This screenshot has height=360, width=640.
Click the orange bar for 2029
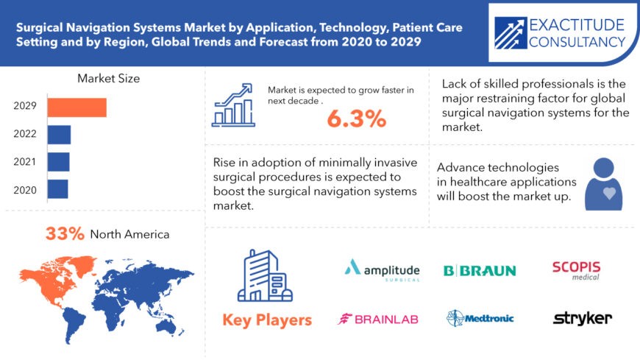(x=77, y=107)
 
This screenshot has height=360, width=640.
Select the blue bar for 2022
(x=59, y=135)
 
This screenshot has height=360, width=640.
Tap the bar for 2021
(x=58, y=162)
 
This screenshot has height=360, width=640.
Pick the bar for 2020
(x=57, y=189)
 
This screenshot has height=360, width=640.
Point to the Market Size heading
(x=108, y=78)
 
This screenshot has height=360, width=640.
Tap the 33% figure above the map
(x=65, y=234)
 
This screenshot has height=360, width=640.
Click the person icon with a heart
(x=603, y=184)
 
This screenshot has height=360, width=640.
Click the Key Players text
(x=267, y=320)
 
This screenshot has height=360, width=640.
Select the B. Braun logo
(x=479, y=270)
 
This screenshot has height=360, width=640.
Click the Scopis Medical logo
(x=576, y=269)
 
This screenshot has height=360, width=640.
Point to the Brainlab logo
(x=377, y=319)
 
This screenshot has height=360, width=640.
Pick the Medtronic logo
(x=480, y=318)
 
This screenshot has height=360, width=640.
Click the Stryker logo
(x=582, y=318)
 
